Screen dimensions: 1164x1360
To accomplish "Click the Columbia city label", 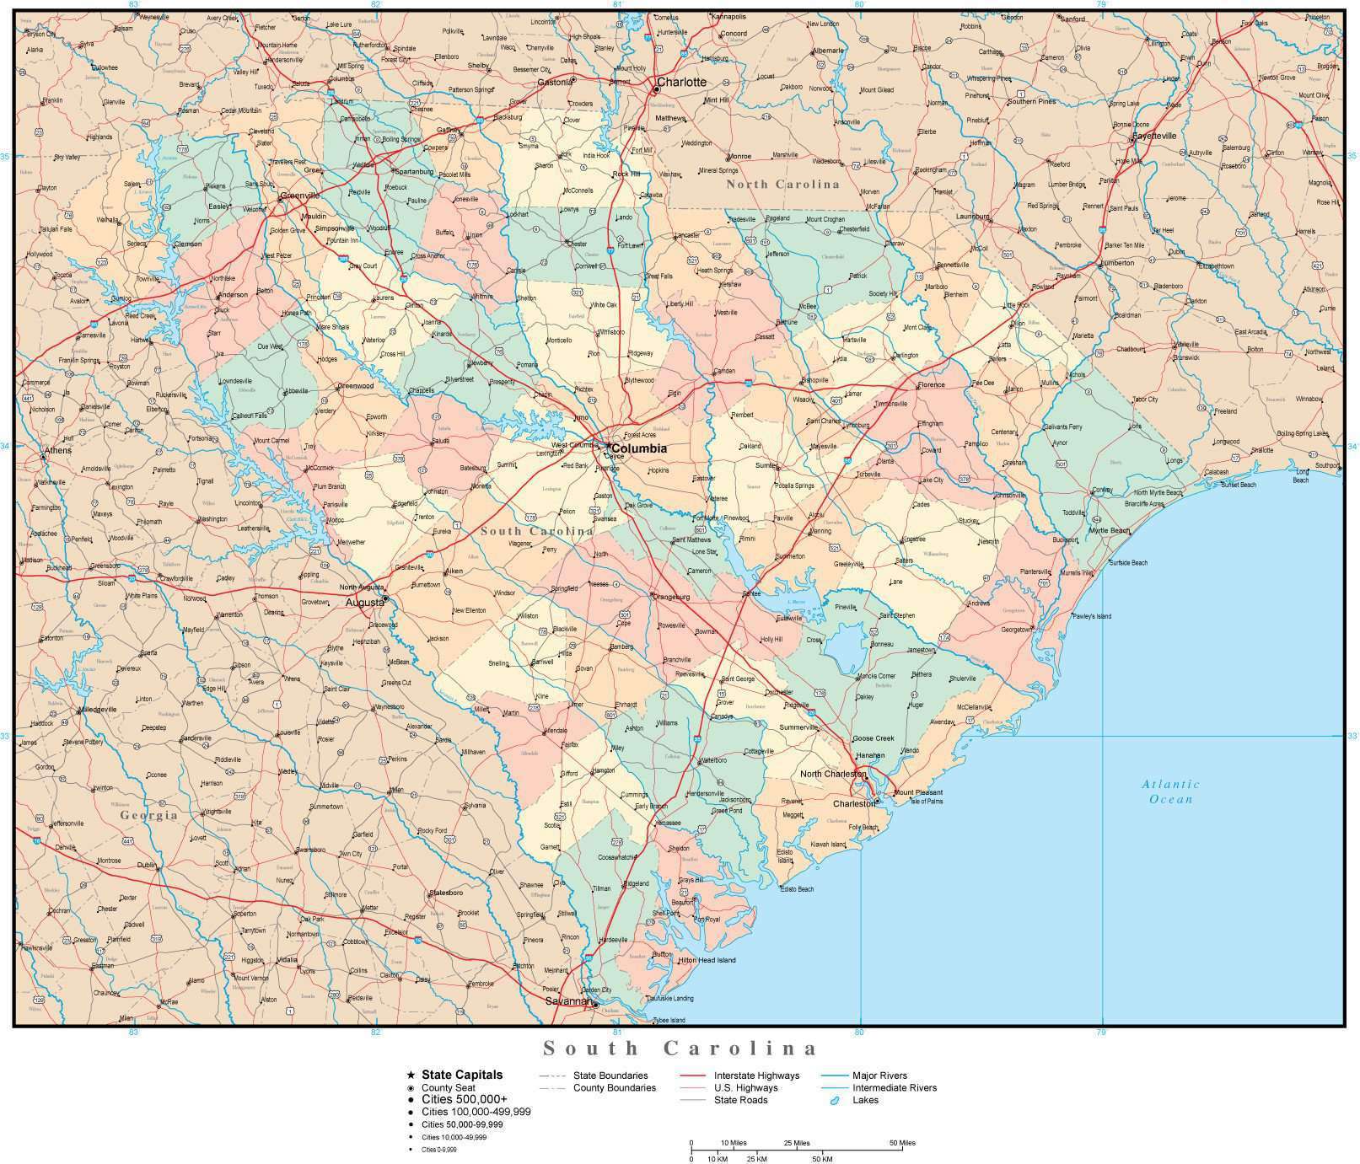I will pos(638,448).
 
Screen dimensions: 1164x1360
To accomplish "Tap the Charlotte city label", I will pos(681,82).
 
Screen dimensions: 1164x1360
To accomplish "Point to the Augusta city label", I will pos(363,603).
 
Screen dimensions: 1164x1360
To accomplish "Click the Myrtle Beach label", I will pos(1109,530).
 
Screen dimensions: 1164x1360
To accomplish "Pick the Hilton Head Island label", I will pos(707,960).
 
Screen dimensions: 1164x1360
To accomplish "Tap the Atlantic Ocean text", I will pos(1171,791).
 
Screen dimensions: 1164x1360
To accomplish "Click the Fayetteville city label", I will pos(1159,136).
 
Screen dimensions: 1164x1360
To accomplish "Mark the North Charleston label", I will pos(833,774).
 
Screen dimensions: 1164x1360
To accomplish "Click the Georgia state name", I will pos(148,815).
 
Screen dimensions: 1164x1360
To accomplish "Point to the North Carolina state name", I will pos(783,184).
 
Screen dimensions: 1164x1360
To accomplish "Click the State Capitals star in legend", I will pos(411,1075).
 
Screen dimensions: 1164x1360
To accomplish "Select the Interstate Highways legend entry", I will pos(755,1075).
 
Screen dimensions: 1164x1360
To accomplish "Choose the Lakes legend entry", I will pos(864,1100).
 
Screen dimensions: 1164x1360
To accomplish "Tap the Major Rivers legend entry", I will pos(879,1075).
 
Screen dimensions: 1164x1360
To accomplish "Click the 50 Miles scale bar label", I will pos(901,1143).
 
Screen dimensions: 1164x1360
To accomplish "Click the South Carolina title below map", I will pos(680,1049).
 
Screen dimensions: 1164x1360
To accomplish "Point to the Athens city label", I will pos(58,450).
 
